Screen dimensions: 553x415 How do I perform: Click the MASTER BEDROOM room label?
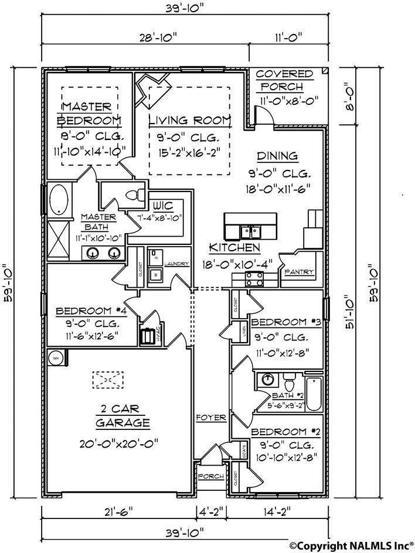89,114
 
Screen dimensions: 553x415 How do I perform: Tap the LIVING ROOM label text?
189,121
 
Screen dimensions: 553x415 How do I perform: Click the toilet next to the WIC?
136,196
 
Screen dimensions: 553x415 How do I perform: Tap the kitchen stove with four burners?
254,278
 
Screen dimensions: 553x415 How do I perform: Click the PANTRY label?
300,272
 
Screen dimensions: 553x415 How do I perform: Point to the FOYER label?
211,418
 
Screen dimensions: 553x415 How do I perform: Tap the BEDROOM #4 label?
88,312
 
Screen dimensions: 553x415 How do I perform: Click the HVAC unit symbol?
147,338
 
